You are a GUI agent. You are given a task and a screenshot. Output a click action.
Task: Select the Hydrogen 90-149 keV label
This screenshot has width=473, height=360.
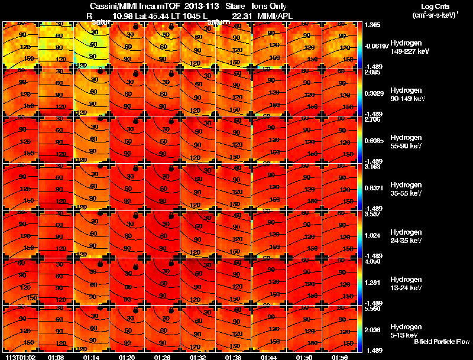coord(405,95)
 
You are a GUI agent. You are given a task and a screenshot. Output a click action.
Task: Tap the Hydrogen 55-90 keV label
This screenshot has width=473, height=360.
coord(405,142)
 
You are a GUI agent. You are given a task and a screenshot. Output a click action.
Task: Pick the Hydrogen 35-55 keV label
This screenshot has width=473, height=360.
coord(405,189)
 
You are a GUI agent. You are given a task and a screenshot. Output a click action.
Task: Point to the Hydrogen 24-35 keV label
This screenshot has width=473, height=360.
coord(405,236)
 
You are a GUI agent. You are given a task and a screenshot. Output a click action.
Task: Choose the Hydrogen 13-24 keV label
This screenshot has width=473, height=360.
coord(405,284)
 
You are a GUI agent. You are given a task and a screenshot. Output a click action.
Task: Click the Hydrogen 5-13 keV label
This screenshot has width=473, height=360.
coord(405,331)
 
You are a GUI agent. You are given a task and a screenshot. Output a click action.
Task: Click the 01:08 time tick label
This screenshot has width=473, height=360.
coord(56,356)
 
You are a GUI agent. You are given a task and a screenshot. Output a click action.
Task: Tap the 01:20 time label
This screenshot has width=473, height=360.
coord(127,356)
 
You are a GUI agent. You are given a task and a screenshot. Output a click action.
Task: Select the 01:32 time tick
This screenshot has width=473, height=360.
coord(197,356)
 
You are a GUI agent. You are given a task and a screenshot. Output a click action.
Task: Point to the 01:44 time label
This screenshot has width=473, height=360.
coord(268,356)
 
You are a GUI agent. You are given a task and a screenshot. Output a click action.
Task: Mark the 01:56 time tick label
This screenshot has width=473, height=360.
coord(339,356)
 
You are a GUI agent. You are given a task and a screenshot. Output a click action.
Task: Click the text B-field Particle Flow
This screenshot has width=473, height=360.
coord(441,341)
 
